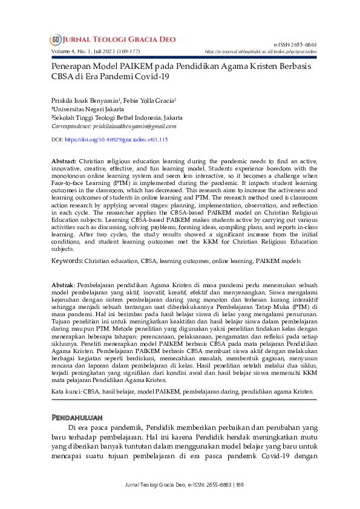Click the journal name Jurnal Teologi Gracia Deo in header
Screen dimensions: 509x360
click(x=119, y=40)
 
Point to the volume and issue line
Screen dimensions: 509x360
click(x=97, y=51)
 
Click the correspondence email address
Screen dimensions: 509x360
click(x=134, y=126)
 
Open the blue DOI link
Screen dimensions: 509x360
click(x=116, y=140)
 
